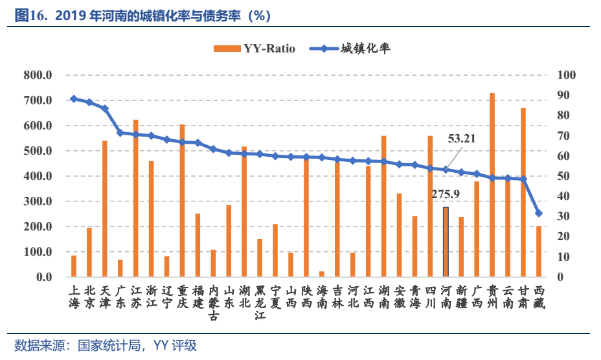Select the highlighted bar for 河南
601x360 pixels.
coord(446,242)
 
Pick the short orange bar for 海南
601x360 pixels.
coord(322,275)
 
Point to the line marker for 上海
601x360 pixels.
coord(74,99)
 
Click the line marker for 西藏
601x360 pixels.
coord(539,213)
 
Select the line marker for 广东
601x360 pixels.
coord(120,133)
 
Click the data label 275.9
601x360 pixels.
coord(446,193)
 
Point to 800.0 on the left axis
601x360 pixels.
coord(38,75)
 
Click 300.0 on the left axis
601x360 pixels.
coord(38,201)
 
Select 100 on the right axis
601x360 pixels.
coord(566,75)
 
